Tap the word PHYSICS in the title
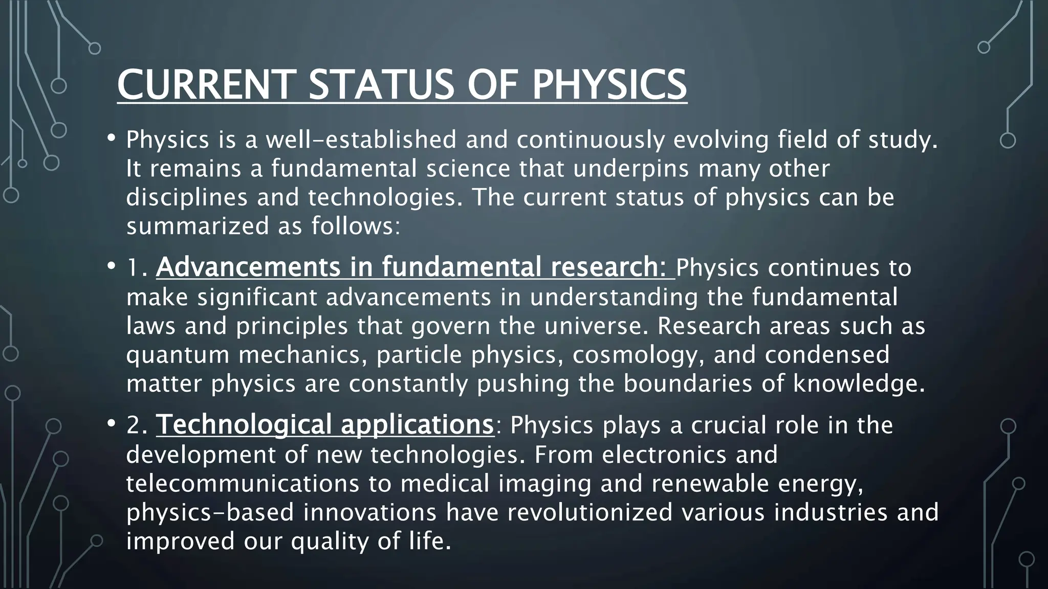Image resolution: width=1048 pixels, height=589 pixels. (609, 84)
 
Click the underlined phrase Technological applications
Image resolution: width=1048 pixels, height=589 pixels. (324, 425)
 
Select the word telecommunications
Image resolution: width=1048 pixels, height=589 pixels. (243, 483)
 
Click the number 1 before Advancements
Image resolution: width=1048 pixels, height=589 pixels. (134, 267)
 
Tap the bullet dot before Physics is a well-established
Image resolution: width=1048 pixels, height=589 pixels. (111, 138)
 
